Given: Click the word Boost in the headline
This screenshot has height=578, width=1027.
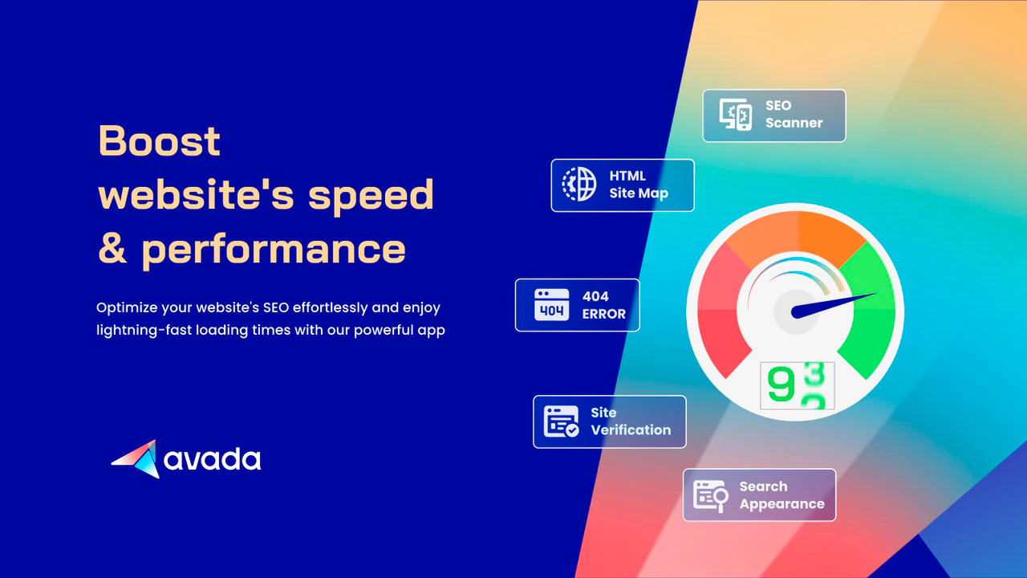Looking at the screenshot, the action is coord(159,140).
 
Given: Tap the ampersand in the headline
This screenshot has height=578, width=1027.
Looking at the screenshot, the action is coord(112,248).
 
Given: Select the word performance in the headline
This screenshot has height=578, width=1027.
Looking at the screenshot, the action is coord(274,250).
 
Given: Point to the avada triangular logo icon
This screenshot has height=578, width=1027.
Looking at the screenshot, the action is coord(136,458).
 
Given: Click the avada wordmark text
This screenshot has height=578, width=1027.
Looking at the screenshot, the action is coord(213,458).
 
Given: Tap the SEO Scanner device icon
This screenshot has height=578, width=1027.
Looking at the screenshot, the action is coord(736,115).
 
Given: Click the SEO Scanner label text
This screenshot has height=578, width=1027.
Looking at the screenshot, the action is coord(794,114).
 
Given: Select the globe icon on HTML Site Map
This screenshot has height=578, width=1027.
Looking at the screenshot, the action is coord(579,184).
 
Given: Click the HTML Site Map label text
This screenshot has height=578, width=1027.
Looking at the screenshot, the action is coord(639,185).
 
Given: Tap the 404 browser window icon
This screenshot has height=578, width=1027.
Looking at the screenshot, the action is coord(551,304).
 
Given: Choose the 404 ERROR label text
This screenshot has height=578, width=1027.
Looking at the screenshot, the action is coord(604,305).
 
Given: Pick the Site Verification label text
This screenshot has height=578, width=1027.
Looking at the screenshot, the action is coord(631,421).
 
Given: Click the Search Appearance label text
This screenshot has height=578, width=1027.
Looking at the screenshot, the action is coord(781,495).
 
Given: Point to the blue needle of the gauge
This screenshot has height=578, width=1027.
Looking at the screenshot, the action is coord(834,306).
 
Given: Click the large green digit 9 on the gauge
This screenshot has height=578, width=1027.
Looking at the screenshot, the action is coord(781,384).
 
